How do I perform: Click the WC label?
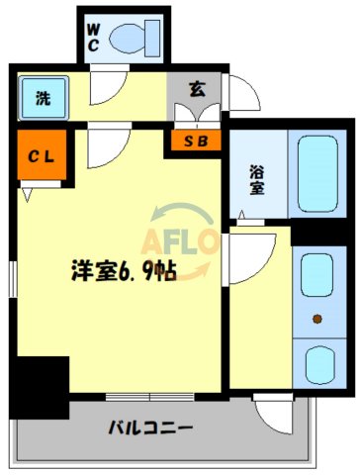click(92, 37)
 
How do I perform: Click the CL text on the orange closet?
click(41, 155)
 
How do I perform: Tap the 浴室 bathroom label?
click(256, 177)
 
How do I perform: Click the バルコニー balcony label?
click(150, 428)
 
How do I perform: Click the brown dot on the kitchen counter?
click(317, 319)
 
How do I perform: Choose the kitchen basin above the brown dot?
click(316, 274)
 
